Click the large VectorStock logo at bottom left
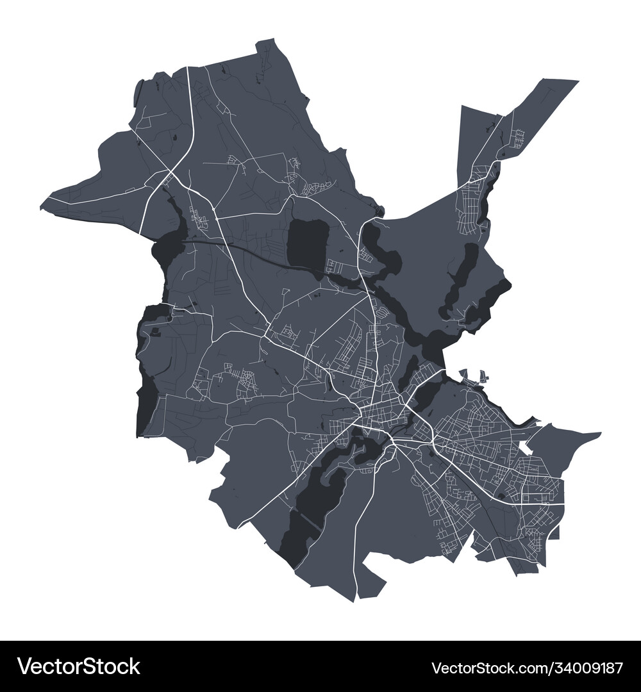coord(78,666)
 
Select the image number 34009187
coord(582,668)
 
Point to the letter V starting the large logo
coord(24,666)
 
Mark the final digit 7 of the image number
coord(619,668)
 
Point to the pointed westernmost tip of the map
coord(42,208)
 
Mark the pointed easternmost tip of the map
coord(600,434)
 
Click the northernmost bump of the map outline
coord(266,42)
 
